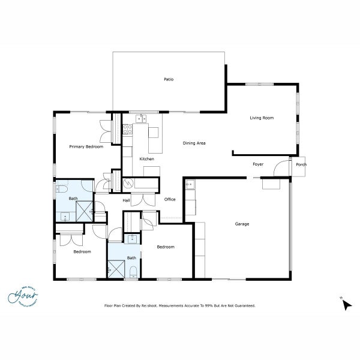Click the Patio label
click(169, 79)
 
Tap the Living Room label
click(262, 118)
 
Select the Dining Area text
click(194, 143)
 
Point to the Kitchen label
click(147, 159)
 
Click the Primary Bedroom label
click(86, 147)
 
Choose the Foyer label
click(258, 164)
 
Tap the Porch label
click(301, 164)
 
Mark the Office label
click(169, 200)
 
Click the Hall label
click(127, 200)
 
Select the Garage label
click(242, 224)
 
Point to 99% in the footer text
click(212, 305)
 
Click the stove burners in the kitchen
click(127, 128)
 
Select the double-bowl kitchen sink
click(142, 119)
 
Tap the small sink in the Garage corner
click(190, 184)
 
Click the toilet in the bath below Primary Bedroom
click(62, 188)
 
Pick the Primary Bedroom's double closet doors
click(106, 127)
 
